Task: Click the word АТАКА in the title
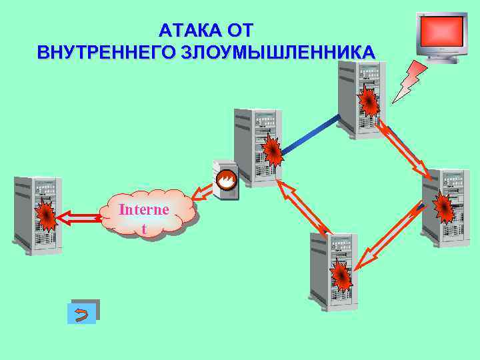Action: click(189, 31)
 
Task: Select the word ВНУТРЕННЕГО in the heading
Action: click(107, 52)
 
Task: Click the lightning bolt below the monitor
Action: click(409, 81)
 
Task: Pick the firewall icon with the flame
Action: click(225, 180)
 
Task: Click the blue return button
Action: click(83, 313)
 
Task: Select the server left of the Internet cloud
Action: click(36, 215)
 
